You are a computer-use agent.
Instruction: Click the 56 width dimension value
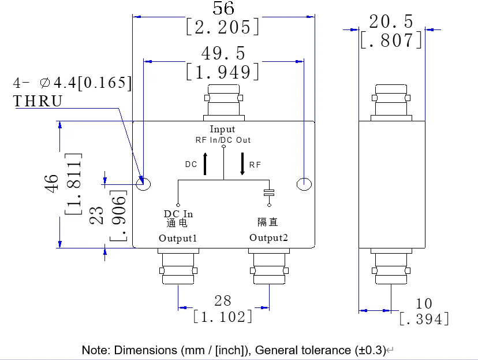pyautogui.click(x=223, y=8)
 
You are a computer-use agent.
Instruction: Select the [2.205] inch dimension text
pyautogui.click(x=223, y=27)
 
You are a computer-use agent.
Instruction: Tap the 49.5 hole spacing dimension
pyautogui.click(x=223, y=53)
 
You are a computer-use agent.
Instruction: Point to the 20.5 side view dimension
pyautogui.click(x=391, y=21)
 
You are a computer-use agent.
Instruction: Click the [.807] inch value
pyautogui.click(x=391, y=40)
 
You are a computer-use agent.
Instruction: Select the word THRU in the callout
pyautogui.click(x=38, y=101)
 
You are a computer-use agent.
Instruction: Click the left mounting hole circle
pyautogui.click(x=143, y=184)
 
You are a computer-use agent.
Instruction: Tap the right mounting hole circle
pyautogui.click(x=304, y=184)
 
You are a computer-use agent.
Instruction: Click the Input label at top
pyautogui.click(x=222, y=129)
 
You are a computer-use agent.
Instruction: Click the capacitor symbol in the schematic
pyautogui.click(x=268, y=192)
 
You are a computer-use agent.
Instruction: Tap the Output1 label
pyautogui.click(x=178, y=238)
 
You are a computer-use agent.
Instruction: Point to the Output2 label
pyautogui.click(x=268, y=238)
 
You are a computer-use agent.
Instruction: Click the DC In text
pyautogui.click(x=178, y=214)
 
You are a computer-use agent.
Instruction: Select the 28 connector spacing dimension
pyautogui.click(x=223, y=300)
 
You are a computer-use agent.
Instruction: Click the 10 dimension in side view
pyautogui.click(x=424, y=303)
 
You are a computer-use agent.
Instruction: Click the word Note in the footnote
pyautogui.click(x=96, y=350)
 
